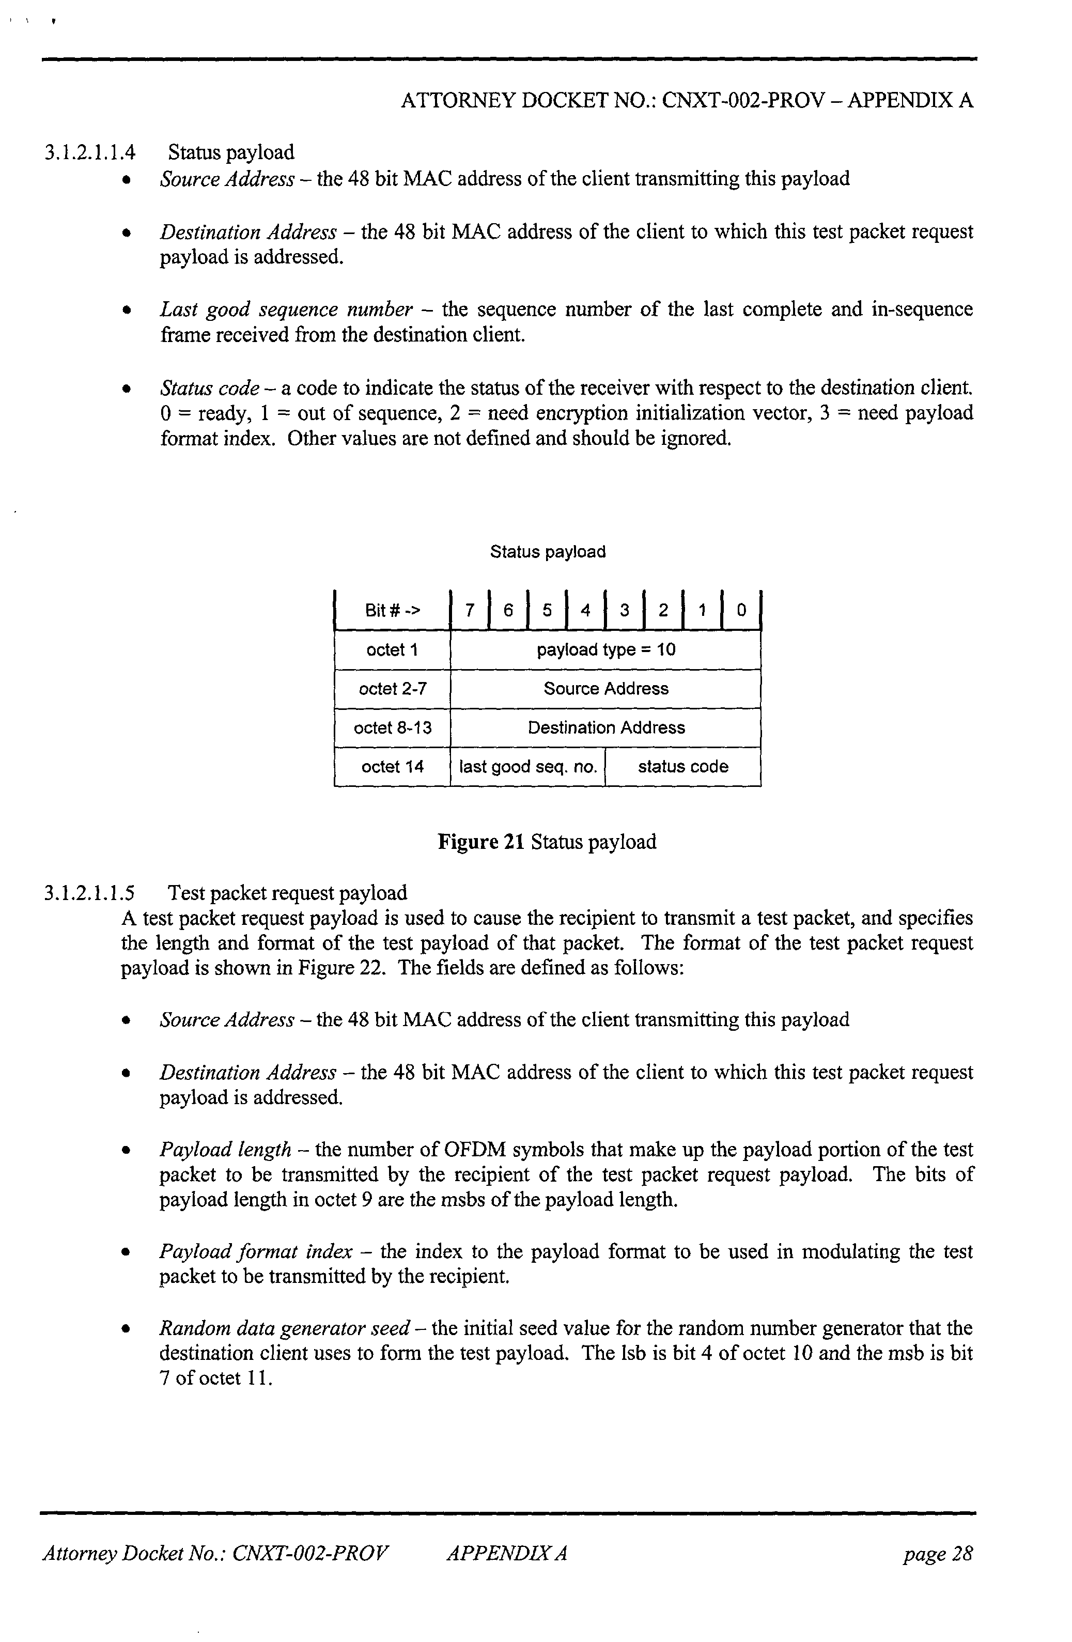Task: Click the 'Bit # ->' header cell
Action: click(x=392, y=610)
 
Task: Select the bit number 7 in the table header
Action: click(x=470, y=610)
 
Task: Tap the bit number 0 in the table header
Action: click(x=741, y=610)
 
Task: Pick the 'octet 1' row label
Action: click(x=392, y=649)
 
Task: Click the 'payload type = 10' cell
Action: click(x=605, y=649)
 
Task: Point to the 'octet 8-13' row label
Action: click(x=392, y=727)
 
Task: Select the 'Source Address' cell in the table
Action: click(x=605, y=689)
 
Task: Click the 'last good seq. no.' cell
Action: click(x=527, y=767)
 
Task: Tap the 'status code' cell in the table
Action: click(x=683, y=767)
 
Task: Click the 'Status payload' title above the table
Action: click(x=548, y=552)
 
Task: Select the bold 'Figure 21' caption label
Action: click(x=481, y=842)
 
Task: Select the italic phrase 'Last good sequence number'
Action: click(x=286, y=309)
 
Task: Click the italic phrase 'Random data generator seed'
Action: click(x=285, y=1328)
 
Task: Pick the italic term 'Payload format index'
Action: click(x=256, y=1251)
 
